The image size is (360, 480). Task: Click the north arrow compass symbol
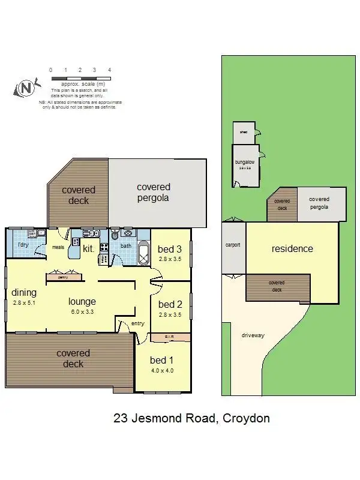(x=26, y=88)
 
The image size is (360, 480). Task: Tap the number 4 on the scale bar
(x=109, y=70)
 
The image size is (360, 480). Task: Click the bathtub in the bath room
(x=143, y=256)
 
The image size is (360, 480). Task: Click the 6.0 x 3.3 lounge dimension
(x=82, y=312)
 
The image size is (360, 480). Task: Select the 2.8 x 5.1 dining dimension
(x=23, y=303)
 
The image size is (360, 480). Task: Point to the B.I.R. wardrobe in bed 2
(x=169, y=338)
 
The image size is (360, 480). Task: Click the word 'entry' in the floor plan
(x=138, y=324)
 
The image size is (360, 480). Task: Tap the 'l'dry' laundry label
(x=22, y=246)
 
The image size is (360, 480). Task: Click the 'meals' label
(x=58, y=246)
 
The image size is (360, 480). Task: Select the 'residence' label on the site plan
(x=292, y=248)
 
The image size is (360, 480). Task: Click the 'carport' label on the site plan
(x=233, y=245)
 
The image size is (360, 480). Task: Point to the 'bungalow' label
(x=245, y=162)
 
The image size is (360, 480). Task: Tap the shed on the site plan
(x=244, y=132)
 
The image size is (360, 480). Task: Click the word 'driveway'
(x=253, y=335)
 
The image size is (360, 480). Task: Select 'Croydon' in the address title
(x=246, y=418)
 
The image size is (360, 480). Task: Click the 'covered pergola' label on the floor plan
(x=153, y=192)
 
